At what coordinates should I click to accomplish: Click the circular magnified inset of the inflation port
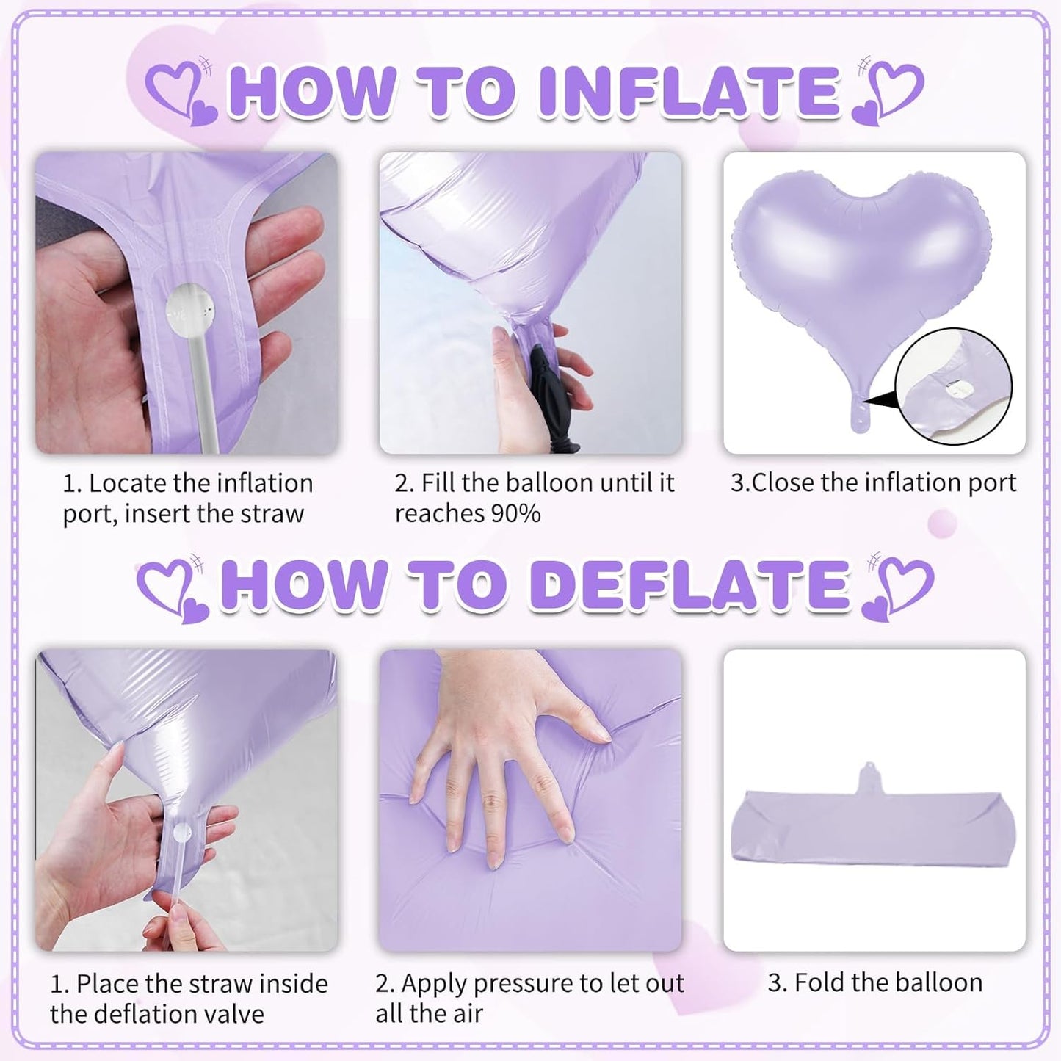952,386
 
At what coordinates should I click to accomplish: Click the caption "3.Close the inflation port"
874,483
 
